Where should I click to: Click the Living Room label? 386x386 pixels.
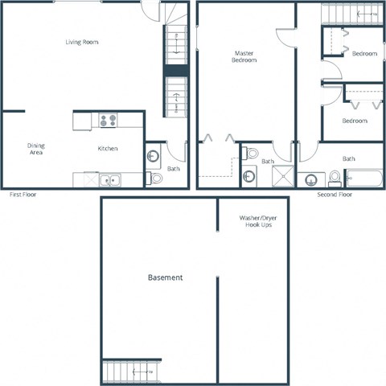[x=82, y=42]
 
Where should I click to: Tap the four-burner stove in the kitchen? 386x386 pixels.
[x=108, y=121]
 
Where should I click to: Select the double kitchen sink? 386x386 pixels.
[x=110, y=180]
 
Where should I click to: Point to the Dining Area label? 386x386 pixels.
[x=36, y=148]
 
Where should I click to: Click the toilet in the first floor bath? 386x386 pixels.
[x=156, y=178]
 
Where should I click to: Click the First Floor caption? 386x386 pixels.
[x=23, y=195]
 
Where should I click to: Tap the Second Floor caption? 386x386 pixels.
[x=335, y=195]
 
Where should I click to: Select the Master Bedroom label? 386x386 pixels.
[x=244, y=57]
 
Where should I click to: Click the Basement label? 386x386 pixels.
[x=165, y=277]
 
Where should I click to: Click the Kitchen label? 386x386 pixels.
[x=109, y=148]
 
